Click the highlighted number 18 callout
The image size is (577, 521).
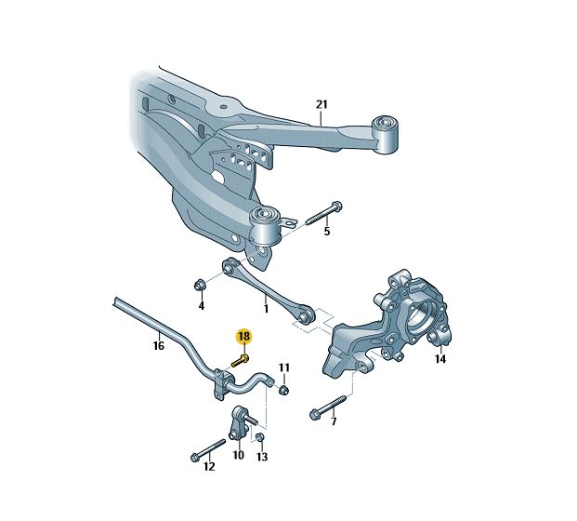click(244, 336)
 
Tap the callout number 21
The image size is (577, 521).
click(321, 104)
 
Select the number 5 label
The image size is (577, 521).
click(327, 232)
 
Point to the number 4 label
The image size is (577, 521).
click(202, 306)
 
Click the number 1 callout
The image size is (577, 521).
click(266, 308)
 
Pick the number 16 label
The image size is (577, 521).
click(158, 345)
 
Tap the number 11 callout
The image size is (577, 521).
click(284, 367)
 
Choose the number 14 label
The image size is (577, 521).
click(440, 358)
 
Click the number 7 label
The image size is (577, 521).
click(334, 421)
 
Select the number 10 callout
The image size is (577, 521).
click(238, 455)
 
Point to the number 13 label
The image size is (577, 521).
click(262, 457)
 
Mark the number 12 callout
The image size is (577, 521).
click(209, 467)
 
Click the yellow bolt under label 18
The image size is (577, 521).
click(240, 360)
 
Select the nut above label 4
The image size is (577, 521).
click(200, 285)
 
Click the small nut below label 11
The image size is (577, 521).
click(283, 390)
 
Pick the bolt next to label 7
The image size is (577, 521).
click(328, 407)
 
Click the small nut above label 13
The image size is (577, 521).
click(259, 437)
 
